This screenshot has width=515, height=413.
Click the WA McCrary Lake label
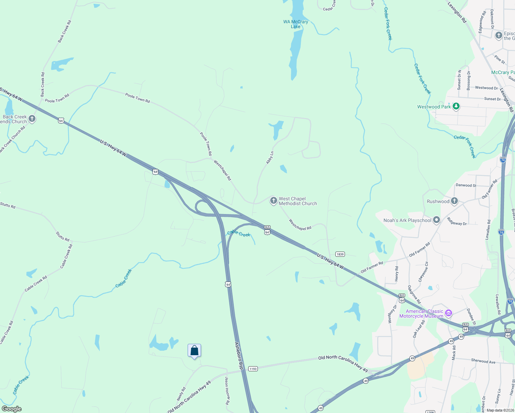(x=295, y=24)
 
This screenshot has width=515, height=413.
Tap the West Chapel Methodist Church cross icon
(x=273, y=201)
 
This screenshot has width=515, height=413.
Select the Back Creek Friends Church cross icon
(x=32, y=119)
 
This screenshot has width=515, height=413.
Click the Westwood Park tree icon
(x=456, y=106)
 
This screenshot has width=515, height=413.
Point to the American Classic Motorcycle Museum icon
(x=448, y=313)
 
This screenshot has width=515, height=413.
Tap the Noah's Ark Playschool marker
(x=437, y=220)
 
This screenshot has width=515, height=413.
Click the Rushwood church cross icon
(x=454, y=201)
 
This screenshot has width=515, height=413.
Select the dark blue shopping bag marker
(x=194, y=351)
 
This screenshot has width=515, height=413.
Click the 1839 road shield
(x=340, y=254)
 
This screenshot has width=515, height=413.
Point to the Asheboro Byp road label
(x=239, y=356)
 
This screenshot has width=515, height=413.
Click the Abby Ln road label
(x=270, y=158)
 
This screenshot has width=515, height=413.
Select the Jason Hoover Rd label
(x=227, y=391)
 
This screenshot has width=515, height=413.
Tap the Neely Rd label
(x=181, y=394)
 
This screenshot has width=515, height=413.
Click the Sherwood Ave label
(x=483, y=361)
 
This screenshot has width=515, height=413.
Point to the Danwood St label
(x=466, y=185)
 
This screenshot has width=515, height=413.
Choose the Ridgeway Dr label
(x=457, y=222)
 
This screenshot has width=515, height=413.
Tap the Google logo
(x=11, y=409)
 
